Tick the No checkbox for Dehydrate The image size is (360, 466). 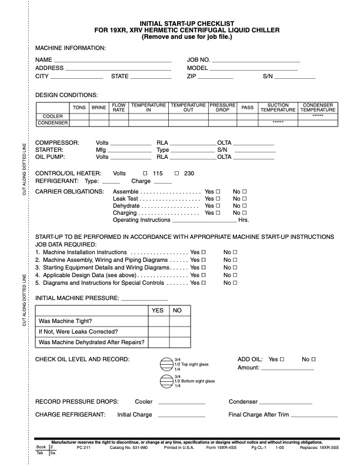(244, 207)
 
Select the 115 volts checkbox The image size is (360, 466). (145, 174)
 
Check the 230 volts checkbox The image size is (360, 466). (176, 174)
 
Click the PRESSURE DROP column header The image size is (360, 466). (222, 107)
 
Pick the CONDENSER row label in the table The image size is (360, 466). (53, 123)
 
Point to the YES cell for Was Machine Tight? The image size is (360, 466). (158, 322)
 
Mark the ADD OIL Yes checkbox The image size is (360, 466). (282, 359)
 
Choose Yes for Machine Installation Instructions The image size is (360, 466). (204, 252)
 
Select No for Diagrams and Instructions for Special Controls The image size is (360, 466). (235, 282)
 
